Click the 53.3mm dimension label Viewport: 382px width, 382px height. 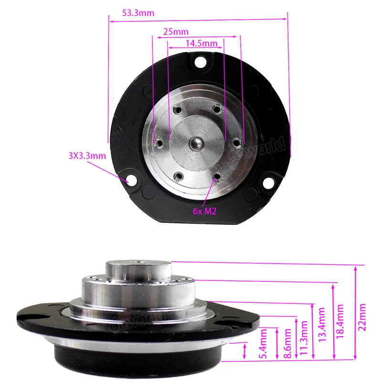click(138, 13)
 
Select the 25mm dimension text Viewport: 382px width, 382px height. click(175, 32)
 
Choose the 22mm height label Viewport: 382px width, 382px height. click(363, 317)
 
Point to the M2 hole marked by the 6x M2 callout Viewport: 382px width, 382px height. click(217, 177)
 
